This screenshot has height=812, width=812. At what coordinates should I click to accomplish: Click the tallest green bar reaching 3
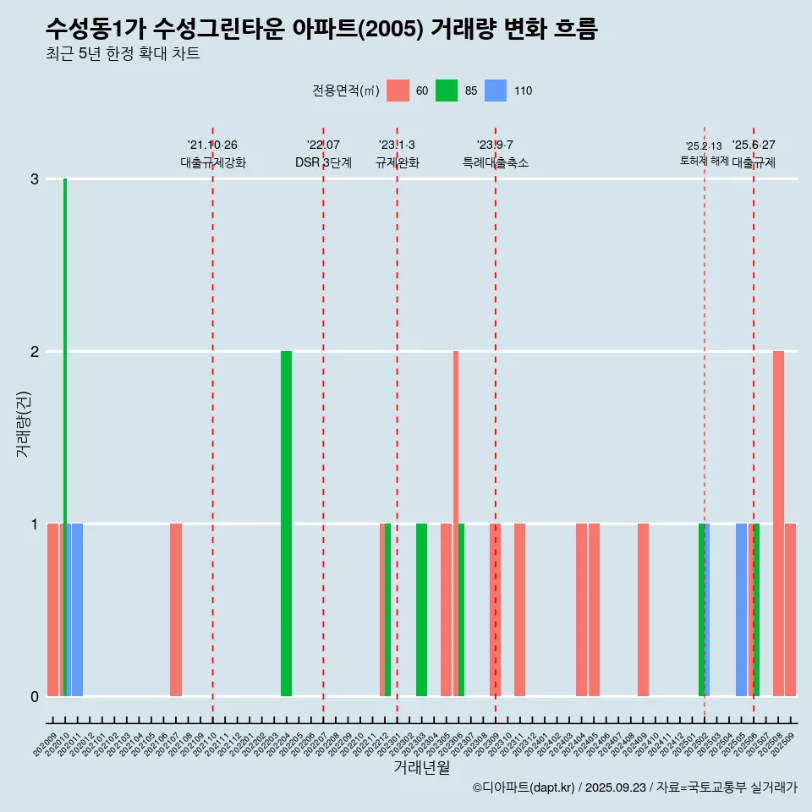coord(65,423)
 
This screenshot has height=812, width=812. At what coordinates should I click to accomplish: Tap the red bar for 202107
coord(176,609)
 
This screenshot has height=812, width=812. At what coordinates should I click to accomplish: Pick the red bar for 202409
coord(643,609)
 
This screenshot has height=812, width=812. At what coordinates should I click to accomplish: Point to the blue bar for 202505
coord(741,609)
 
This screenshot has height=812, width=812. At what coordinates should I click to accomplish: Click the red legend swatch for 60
coord(398,91)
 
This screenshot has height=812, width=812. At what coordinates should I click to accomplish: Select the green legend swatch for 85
coord(447,91)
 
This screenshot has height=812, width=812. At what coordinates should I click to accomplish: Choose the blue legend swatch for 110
coord(496,91)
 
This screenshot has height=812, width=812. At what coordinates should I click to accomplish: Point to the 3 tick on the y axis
coord(35,179)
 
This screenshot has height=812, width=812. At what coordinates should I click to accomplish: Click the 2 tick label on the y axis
coord(35,352)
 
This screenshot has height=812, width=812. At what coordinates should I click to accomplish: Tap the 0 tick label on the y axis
coord(35,697)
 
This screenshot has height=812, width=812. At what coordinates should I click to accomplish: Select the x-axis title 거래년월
coord(421,767)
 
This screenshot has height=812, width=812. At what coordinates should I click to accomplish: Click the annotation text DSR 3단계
coord(323,162)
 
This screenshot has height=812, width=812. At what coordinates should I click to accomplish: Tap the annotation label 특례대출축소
coord(495,162)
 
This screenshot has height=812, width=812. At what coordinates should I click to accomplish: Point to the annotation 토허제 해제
coord(704,161)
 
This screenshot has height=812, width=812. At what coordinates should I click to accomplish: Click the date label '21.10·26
coord(212,145)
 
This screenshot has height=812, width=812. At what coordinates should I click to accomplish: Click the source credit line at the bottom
coord(634,787)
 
